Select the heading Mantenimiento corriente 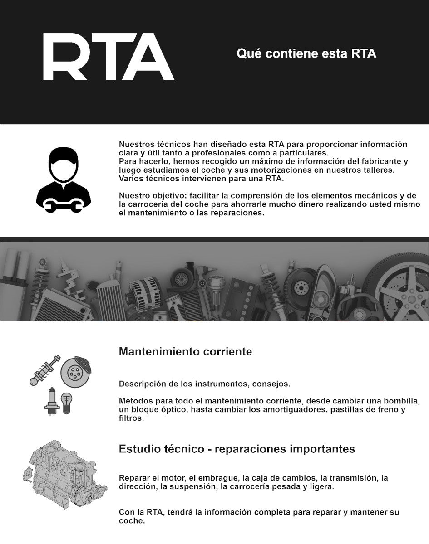click(185, 352)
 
